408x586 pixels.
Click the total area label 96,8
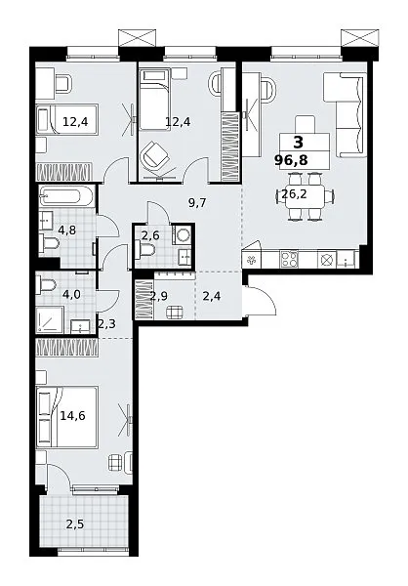pos(291,160)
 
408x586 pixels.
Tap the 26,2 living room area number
pos(294,194)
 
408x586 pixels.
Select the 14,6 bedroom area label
pos(72,415)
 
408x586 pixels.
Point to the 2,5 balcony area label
pos(75,524)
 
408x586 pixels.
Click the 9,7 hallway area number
pos(197,203)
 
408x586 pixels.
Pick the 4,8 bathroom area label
pos(67,230)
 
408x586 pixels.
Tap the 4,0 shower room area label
pos(71,294)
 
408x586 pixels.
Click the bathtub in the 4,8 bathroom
pos(65,195)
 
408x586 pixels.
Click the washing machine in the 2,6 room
pos(183,235)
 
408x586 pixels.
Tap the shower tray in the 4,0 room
pos(50,320)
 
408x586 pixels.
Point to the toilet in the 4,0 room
pos(46,286)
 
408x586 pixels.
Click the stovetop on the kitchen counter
pos(289,259)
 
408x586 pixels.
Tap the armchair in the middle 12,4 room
pos(154,154)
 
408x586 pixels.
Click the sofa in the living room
pos(345,115)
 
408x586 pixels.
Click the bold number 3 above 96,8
pos(299,143)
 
